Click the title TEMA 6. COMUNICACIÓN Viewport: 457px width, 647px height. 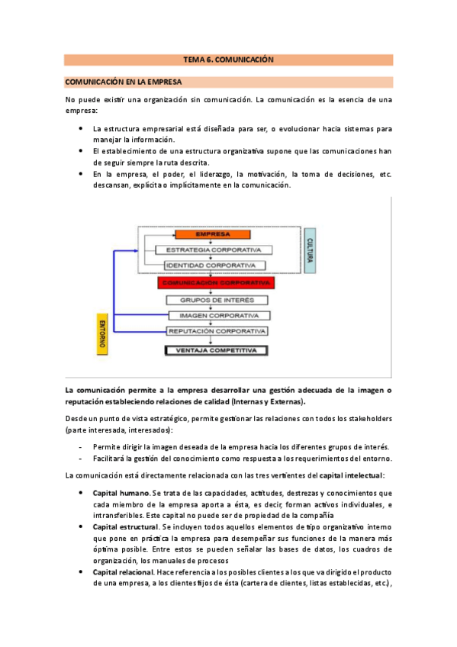click(228, 60)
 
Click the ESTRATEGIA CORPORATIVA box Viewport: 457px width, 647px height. click(214, 249)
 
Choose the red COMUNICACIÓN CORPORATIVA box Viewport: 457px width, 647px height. click(216, 282)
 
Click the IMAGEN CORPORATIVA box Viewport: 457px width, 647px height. click(217, 315)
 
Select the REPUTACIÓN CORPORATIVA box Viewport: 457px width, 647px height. click(217, 331)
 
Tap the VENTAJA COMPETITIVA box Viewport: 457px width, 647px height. click(217, 350)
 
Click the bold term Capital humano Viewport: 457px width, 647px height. click(121, 493)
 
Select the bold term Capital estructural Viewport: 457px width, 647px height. click(126, 526)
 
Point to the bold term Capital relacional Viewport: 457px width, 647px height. click(123, 572)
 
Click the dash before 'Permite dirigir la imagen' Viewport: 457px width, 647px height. click(82, 446)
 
